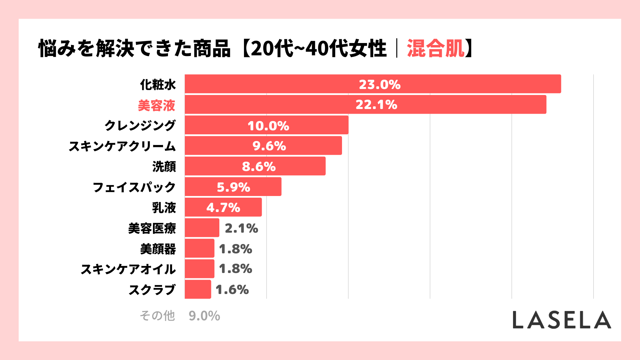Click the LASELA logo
point(562,320)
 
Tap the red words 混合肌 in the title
point(435,49)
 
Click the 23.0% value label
point(379,84)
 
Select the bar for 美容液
point(365,105)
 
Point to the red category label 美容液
point(156,105)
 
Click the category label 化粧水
point(158,85)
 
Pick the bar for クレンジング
point(267,125)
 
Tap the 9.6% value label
point(269,146)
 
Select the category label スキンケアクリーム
point(122,146)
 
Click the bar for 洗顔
point(255,166)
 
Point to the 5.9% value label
point(233,187)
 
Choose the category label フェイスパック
point(134,187)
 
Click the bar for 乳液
point(223,207)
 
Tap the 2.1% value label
point(241,228)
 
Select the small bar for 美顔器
point(199,248)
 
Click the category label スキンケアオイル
point(128,269)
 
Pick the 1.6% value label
point(232,290)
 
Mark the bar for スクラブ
point(198,289)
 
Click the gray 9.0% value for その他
point(204,316)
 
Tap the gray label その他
point(157,316)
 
